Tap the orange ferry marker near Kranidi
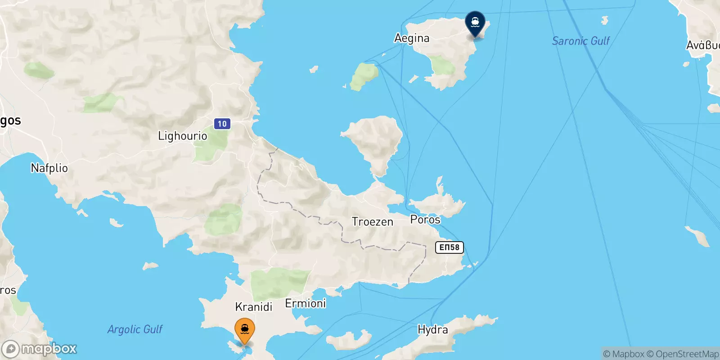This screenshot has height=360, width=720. pyautogui.click(x=245, y=331)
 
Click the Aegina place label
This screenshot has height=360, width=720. pyautogui.click(x=412, y=38)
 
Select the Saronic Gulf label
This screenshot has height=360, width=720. pyautogui.click(x=580, y=41)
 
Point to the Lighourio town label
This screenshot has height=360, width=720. pyautogui.click(x=182, y=136)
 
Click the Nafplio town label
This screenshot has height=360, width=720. pyautogui.click(x=49, y=168)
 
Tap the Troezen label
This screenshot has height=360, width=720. pyautogui.click(x=372, y=222)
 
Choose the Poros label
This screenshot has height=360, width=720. pyautogui.click(x=425, y=220)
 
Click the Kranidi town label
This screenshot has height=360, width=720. pyautogui.click(x=254, y=307)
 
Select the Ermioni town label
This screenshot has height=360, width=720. pyautogui.click(x=306, y=304)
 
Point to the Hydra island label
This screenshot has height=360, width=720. pyautogui.click(x=432, y=330)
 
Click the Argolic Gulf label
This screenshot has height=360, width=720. pyautogui.click(x=135, y=329)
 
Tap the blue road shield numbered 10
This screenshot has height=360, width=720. pyautogui.click(x=222, y=124)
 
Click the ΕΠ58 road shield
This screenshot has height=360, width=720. pyautogui.click(x=449, y=247)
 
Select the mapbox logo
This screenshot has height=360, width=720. pyautogui.click(x=40, y=349)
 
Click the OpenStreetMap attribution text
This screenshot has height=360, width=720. pyautogui.click(x=687, y=354)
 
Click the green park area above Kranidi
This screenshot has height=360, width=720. pyautogui.click(x=279, y=283)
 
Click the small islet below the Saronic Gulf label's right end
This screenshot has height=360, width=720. pyautogui.click(x=604, y=20)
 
